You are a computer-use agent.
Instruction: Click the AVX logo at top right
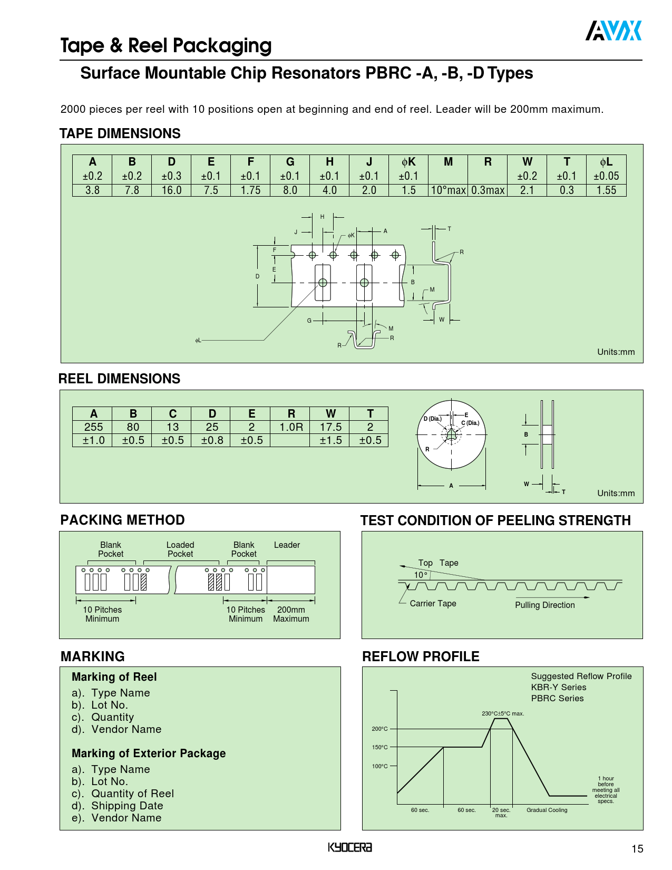pos(613,31)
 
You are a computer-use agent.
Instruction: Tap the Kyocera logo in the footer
pos(349,847)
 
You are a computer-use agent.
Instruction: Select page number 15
pos(637,848)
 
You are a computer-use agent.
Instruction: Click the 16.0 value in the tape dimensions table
pos(171,190)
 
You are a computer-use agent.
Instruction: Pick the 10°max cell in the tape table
pos(448,190)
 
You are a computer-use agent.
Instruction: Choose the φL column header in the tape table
pos(606,162)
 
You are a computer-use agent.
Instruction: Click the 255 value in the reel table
pos(93,427)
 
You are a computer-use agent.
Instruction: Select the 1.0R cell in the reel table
pos(291,427)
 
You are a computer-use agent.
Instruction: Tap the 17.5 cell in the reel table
pos(330,427)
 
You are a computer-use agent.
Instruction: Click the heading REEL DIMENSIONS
pos(119,379)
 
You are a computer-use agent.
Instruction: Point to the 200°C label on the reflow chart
pos(379,729)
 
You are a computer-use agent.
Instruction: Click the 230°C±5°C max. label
pos(503,713)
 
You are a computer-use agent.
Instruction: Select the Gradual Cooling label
pos(547,810)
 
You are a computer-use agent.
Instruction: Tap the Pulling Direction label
pos(544,605)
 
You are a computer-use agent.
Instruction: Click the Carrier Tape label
pos(433,603)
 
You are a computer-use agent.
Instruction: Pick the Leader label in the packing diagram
pos(287,545)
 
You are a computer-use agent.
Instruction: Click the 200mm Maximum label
pos(291,614)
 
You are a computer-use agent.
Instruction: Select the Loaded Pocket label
pos(180,549)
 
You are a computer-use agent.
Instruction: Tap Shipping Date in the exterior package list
pos(127,806)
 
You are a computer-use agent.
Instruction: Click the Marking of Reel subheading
pos(114,677)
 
